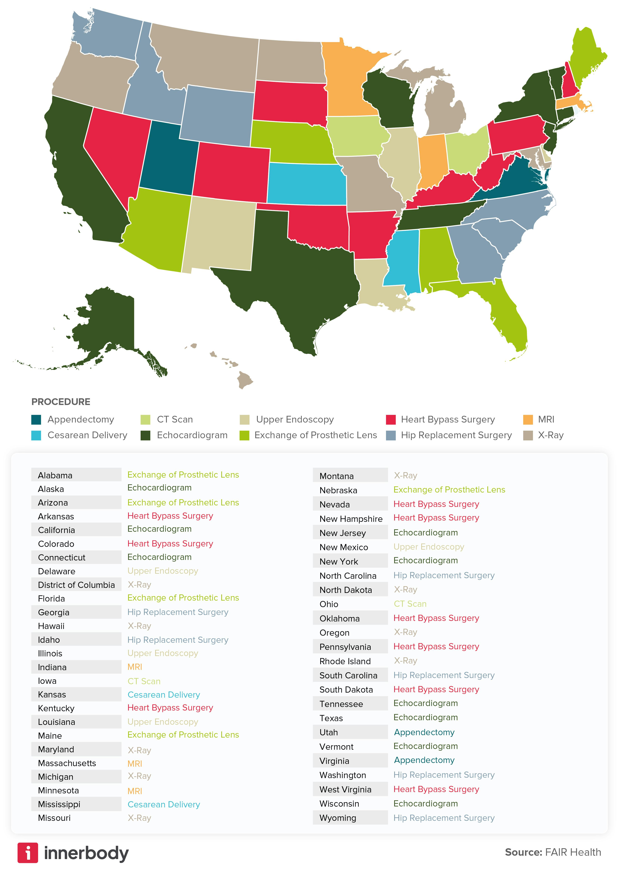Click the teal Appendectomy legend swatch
[36, 420]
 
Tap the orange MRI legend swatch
[528, 420]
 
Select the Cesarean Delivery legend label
[87, 435]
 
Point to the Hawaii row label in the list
[51, 626]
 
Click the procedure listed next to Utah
[424, 732]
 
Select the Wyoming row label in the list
[338, 818]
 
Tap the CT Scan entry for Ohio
[410, 604]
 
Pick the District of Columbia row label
[76, 585]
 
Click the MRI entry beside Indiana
[135, 667]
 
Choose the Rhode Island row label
[345, 661]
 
